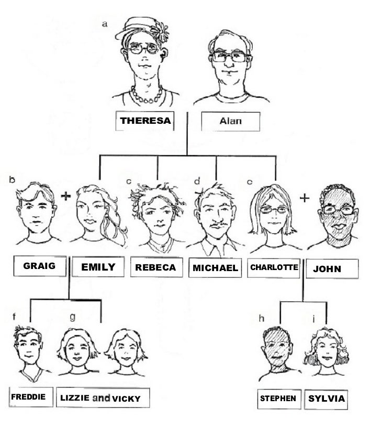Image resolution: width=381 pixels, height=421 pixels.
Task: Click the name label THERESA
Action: click(144, 121)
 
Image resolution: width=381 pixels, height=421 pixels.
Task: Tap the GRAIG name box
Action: click(41, 266)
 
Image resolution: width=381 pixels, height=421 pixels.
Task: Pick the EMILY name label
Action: click(98, 267)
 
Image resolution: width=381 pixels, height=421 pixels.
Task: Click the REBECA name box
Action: click(155, 267)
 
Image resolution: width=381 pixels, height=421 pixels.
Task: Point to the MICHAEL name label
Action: click(215, 268)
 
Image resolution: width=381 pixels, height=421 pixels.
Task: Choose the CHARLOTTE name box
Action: click(274, 267)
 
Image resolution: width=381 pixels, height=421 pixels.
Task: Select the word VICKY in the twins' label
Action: click(126, 399)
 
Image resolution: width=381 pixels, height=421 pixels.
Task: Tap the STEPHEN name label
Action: click(278, 399)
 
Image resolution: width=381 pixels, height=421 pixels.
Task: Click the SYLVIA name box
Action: click(327, 399)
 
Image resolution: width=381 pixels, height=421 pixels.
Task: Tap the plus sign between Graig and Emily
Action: click(65, 196)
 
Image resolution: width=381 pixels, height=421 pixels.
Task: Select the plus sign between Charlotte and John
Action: click(305, 198)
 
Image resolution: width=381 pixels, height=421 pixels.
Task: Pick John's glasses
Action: click(339, 209)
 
